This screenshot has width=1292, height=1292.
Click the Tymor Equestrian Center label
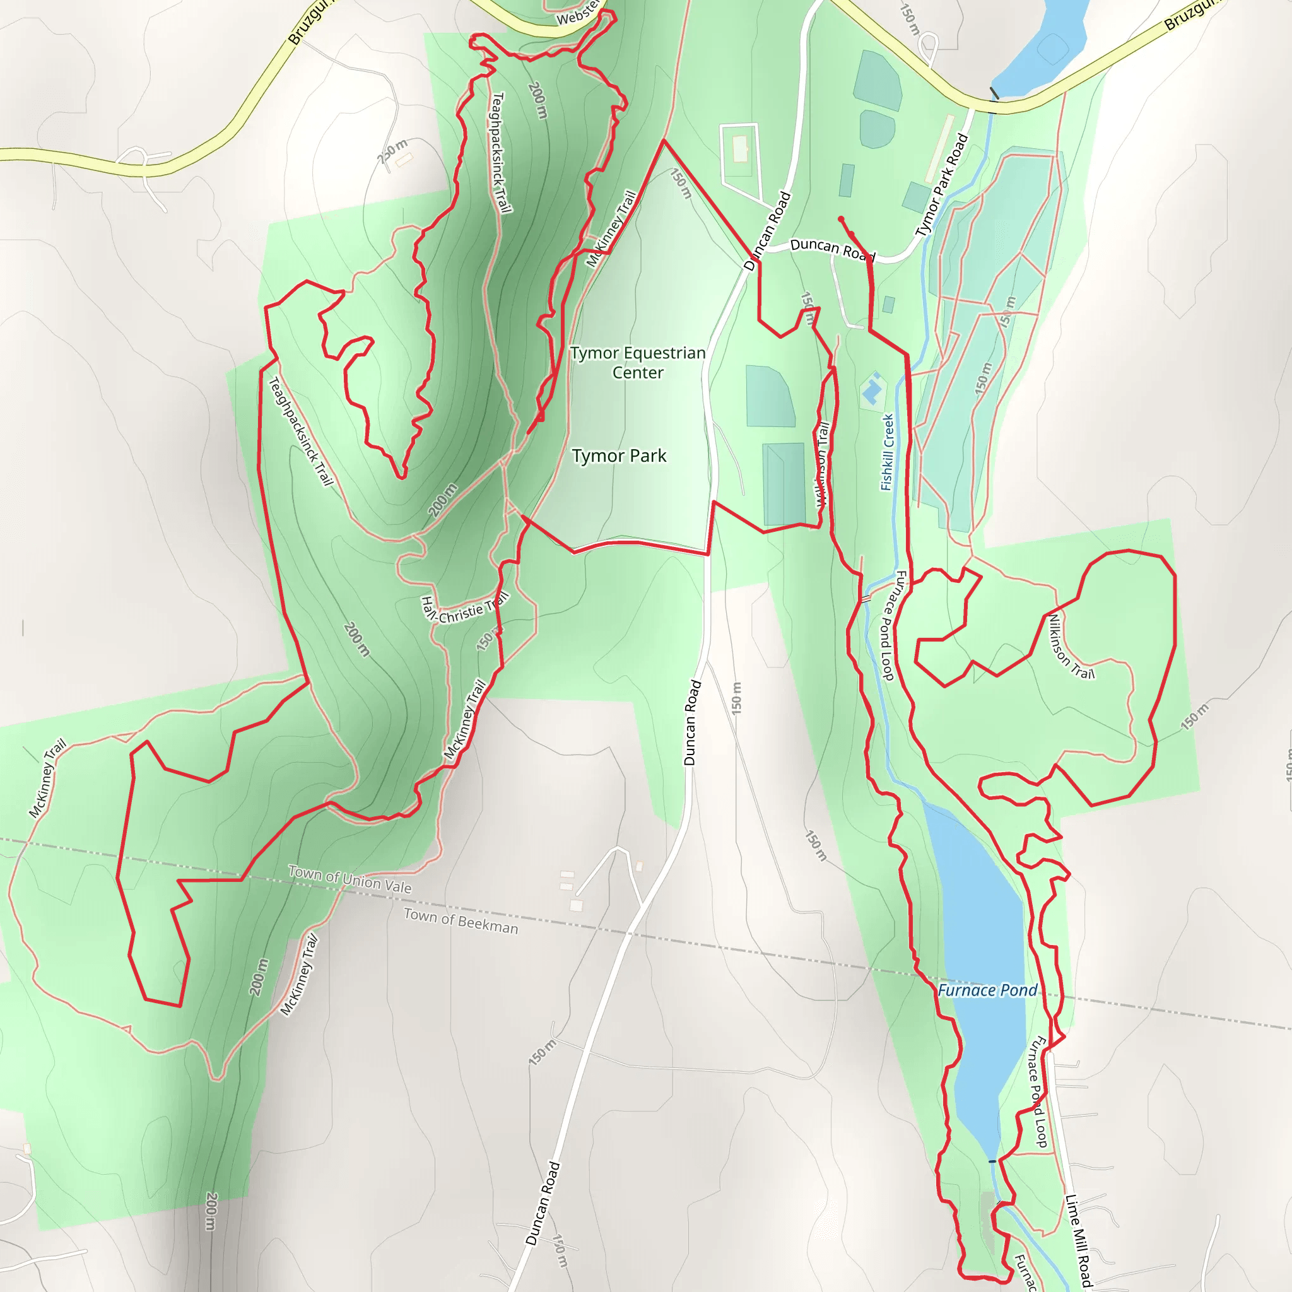tap(637, 363)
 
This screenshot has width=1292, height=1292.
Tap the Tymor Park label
tap(619, 456)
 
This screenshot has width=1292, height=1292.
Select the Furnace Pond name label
tap(987, 990)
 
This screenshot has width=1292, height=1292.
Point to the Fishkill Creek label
tap(888, 453)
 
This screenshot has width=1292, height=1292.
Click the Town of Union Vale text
tap(349, 879)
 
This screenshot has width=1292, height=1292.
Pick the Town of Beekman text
tap(461, 922)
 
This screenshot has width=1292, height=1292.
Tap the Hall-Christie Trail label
tap(464, 609)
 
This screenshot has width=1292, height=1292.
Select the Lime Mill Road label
tap(1078, 1241)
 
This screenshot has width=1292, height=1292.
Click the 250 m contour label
tap(392, 152)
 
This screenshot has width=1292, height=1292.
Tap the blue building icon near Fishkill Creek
tap(872, 389)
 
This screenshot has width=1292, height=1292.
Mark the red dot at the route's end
tap(840, 219)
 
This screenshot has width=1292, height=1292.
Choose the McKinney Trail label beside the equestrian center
tap(611, 230)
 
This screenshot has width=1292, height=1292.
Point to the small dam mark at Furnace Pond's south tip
tap(992, 1161)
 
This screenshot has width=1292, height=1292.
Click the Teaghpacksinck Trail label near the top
tap(501, 153)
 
